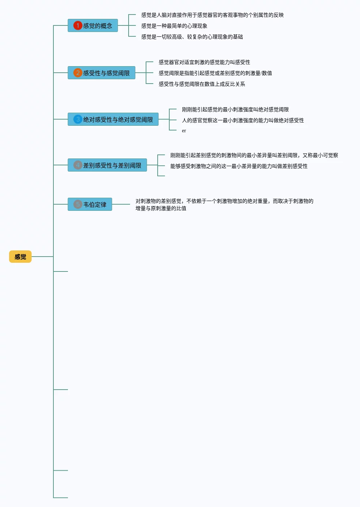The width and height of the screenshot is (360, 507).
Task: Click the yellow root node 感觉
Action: pos(20,257)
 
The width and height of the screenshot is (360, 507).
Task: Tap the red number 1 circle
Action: pos(78,25)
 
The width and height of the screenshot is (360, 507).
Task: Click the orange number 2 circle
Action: pos(78,73)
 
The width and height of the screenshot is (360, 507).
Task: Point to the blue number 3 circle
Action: pos(78,119)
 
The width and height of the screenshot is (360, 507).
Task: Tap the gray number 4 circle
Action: pos(78,165)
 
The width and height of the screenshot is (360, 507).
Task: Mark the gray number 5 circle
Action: pos(78,204)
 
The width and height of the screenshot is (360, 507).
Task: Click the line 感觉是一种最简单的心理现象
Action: pos(174,26)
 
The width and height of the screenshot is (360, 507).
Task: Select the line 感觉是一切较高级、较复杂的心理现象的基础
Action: pos(192,37)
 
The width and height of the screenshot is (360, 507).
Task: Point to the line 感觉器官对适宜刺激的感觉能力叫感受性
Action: pos(205,62)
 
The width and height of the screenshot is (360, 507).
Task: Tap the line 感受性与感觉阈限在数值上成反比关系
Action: pos(202,84)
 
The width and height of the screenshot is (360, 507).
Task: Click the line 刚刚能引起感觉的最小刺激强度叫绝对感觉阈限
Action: pos(235,109)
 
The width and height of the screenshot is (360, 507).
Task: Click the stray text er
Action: pos(184,131)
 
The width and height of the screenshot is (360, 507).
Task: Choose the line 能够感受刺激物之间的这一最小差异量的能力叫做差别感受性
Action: pos(239,166)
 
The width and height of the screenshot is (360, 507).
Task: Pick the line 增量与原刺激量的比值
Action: pos(161,208)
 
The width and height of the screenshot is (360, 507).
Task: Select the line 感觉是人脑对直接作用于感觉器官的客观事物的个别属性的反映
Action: pos(213,15)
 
